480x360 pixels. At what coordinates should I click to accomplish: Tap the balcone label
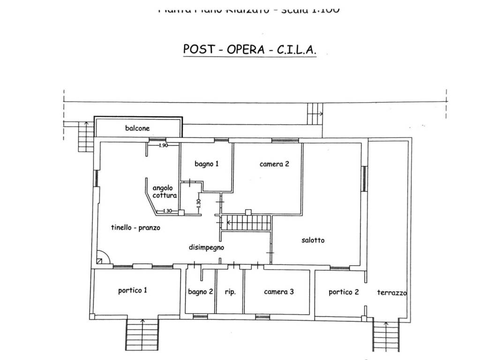(x=137, y=127)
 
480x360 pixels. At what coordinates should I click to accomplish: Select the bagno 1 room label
(x=207, y=164)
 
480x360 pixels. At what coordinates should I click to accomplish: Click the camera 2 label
(x=274, y=164)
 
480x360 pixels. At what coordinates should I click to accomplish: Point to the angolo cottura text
(x=164, y=192)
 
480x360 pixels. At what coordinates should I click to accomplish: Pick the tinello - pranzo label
(x=136, y=228)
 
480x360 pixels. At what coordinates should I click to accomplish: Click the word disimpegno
(x=207, y=247)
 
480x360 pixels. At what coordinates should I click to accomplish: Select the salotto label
(x=313, y=240)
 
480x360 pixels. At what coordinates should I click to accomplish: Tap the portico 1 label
(x=133, y=291)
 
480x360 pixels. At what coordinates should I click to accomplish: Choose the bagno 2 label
(x=201, y=292)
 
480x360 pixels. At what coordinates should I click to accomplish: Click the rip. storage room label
(x=230, y=292)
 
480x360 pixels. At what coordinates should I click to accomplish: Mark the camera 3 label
(x=279, y=292)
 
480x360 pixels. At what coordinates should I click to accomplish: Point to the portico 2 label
(x=344, y=292)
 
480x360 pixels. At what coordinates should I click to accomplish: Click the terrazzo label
(x=392, y=292)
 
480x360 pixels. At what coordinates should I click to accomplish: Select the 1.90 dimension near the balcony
(x=163, y=146)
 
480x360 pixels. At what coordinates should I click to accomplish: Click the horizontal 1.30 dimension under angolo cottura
(x=167, y=211)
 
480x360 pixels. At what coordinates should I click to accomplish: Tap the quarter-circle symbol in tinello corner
(x=102, y=258)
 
